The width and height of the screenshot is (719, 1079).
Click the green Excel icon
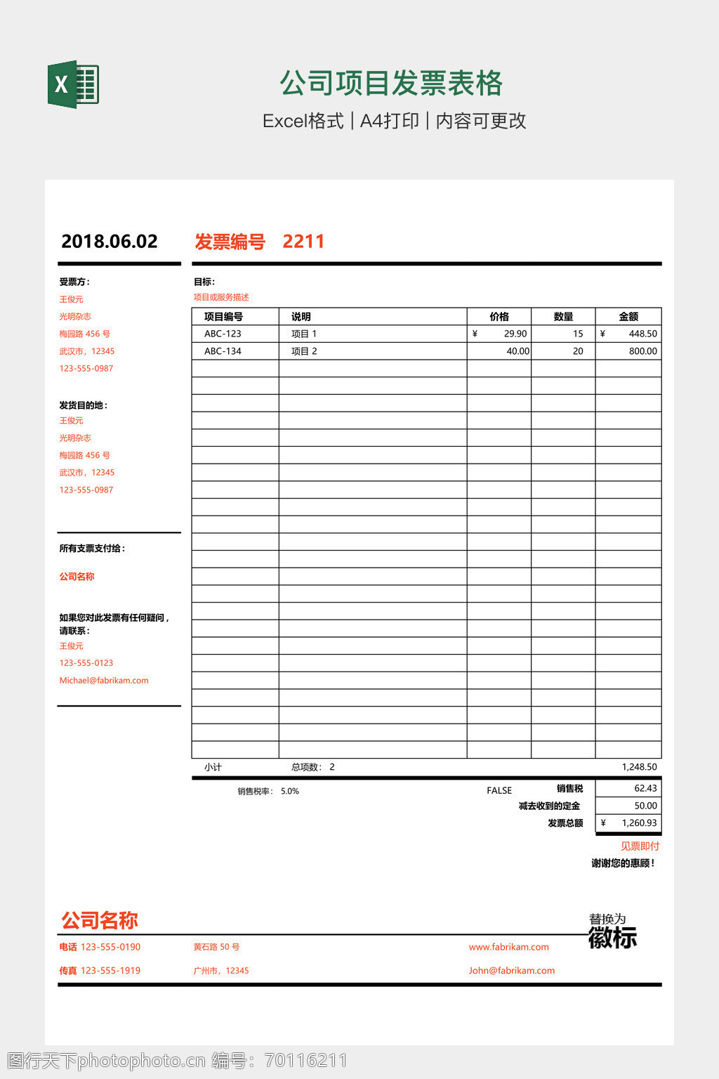[x=73, y=84]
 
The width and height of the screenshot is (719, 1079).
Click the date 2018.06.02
[x=110, y=242]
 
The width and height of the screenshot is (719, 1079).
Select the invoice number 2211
[x=303, y=242]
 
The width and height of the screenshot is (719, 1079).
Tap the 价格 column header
[x=499, y=317]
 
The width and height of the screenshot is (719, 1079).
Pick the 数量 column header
[x=563, y=317]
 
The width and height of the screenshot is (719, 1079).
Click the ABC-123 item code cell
[x=223, y=334]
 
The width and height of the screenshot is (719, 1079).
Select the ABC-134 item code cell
[x=223, y=351]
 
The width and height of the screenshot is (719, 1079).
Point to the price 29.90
[x=515, y=334]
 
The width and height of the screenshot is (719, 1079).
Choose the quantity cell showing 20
[x=578, y=351]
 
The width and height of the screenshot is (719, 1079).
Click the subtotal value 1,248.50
[x=639, y=767]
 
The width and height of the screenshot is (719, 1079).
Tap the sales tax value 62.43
[x=645, y=788]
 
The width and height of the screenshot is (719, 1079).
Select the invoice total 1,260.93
[x=639, y=823]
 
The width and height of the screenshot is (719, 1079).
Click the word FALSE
[x=499, y=790]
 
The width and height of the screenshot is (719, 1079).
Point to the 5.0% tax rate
[x=290, y=791]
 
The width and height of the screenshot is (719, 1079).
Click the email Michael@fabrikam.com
[x=104, y=680]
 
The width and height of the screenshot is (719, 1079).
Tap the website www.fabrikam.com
[x=509, y=947]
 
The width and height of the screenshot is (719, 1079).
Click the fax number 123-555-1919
[x=110, y=970]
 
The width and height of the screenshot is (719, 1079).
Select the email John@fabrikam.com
[x=512, y=970]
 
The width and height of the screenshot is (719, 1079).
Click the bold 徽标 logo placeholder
[x=612, y=938]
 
